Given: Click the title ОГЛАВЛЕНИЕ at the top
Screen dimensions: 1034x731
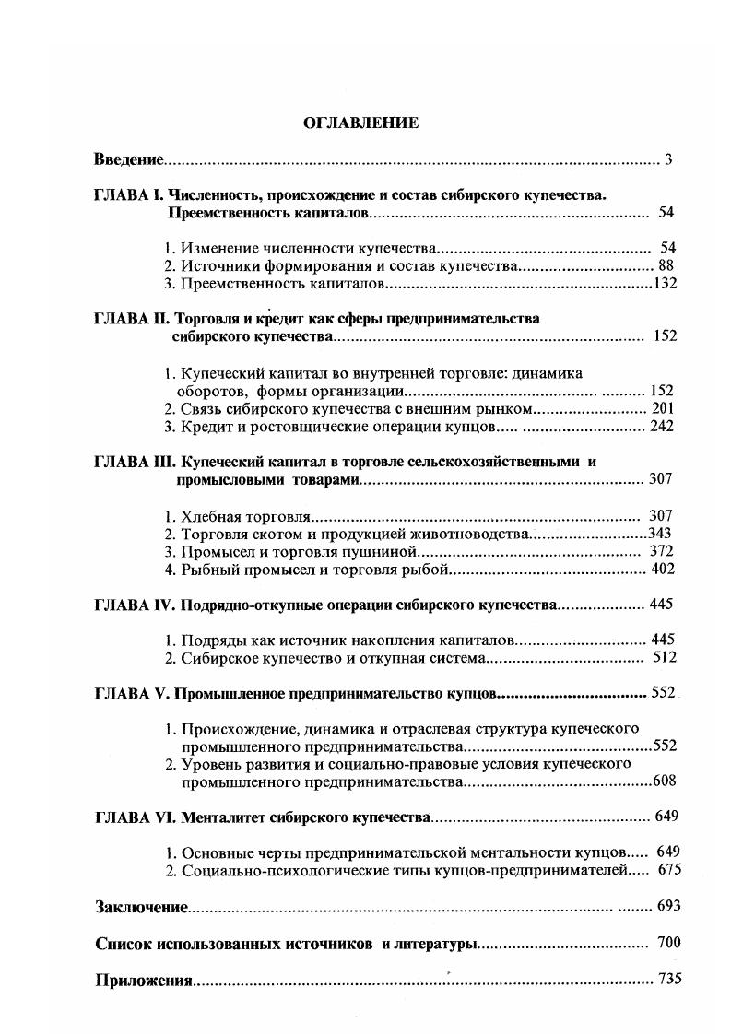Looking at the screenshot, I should [360, 123].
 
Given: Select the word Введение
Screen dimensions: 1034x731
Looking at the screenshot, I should [129, 160].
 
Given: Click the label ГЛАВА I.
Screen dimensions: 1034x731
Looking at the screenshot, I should [129, 195].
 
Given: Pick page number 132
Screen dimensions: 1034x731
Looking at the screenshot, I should [665, 283].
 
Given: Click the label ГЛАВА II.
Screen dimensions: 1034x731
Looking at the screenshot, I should [132, 319].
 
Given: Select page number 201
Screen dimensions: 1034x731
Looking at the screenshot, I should [662, 408].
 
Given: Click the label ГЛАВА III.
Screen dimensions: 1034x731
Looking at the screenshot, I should [136, 462].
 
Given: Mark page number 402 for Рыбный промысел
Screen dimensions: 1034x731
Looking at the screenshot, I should [661, 569].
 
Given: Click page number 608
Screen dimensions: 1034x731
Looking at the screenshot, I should [664, 781].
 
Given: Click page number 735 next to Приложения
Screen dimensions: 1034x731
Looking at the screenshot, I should [669, 979].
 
